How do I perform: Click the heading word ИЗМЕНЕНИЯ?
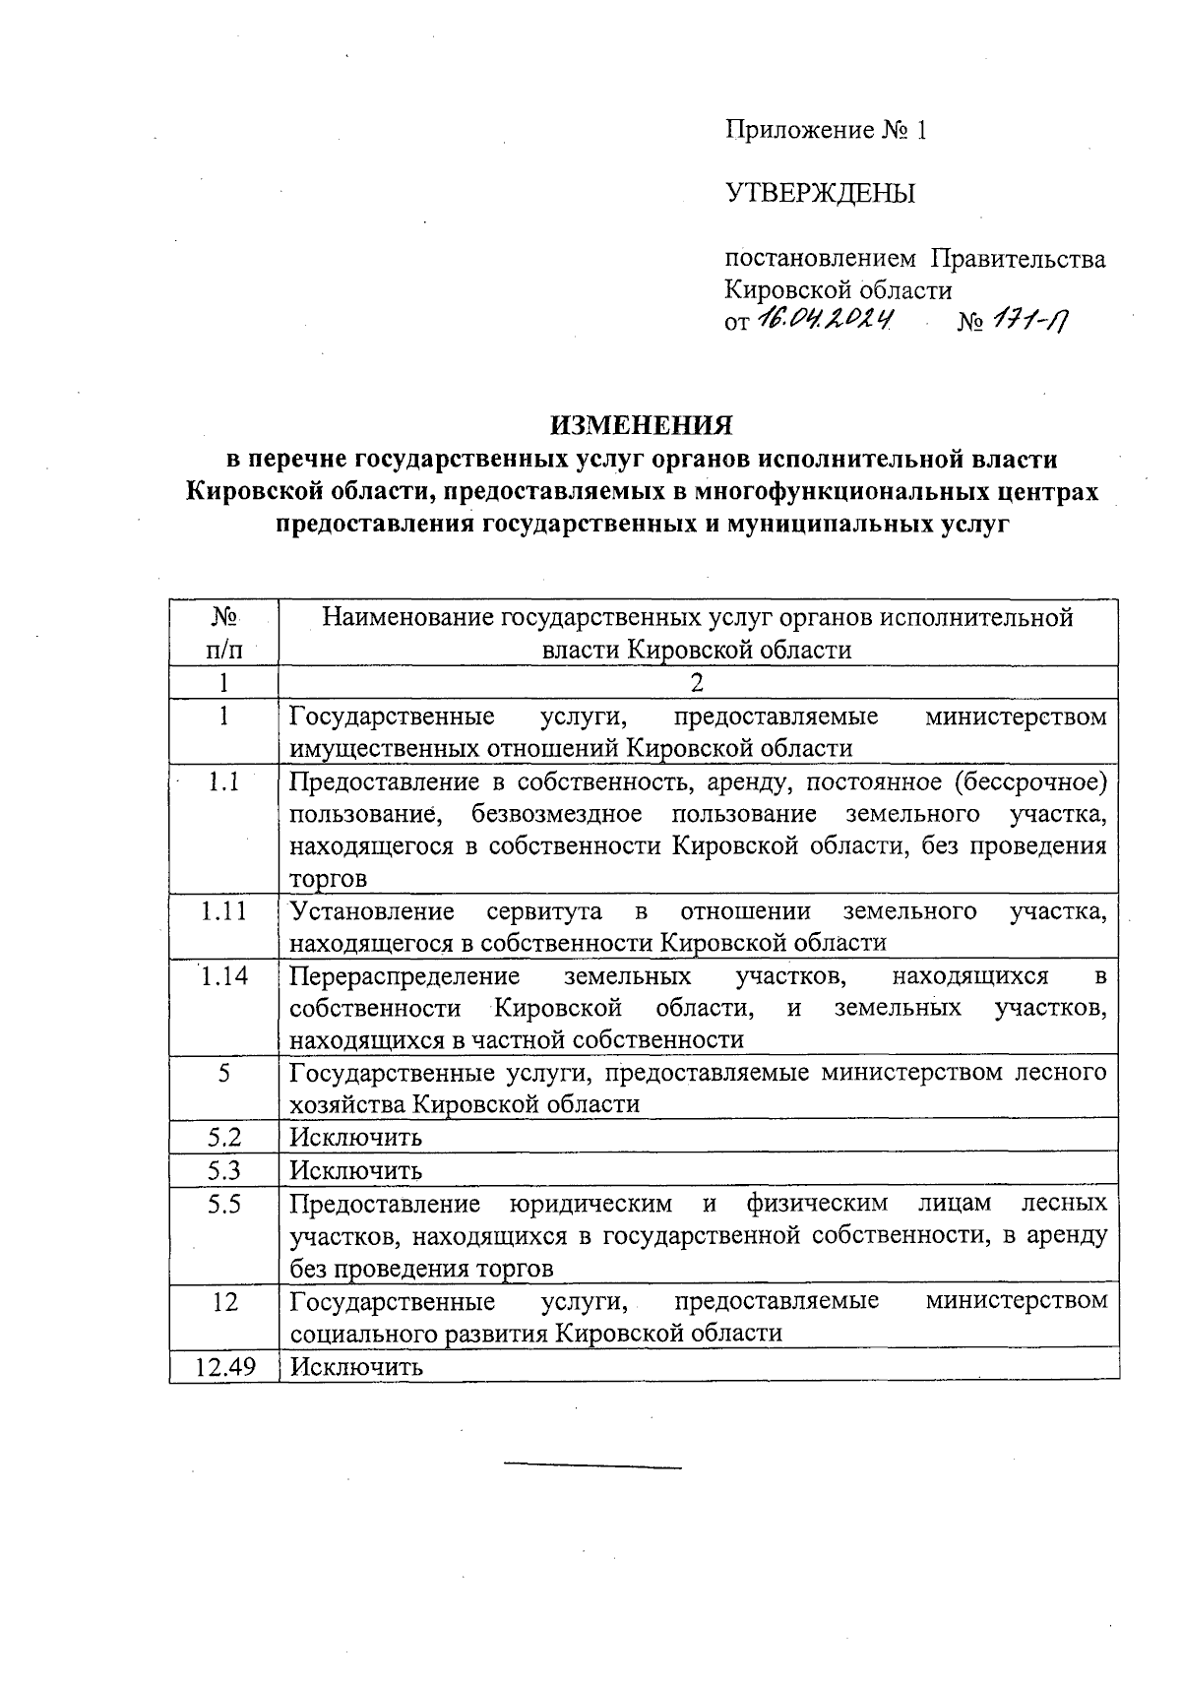(642, 425)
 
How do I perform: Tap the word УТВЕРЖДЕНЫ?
(820, 193)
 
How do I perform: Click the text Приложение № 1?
(826, 130)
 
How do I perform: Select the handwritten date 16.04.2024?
(825, 319)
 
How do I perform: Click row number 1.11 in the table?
(224, 911)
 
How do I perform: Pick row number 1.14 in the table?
(224, 976)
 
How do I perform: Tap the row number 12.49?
(224, 1367)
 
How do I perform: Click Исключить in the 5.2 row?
(355, 1138)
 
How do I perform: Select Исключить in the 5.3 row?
(355, 1171)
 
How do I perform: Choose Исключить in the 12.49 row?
(355, 1367)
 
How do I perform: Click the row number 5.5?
(224, 1204)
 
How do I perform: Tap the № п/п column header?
(224, 633)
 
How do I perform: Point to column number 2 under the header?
(697, 683)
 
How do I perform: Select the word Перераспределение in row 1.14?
(404, 976)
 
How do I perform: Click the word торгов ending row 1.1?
(328, 878)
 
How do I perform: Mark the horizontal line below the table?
(592, 1468)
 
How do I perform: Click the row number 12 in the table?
(224, 1301)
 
